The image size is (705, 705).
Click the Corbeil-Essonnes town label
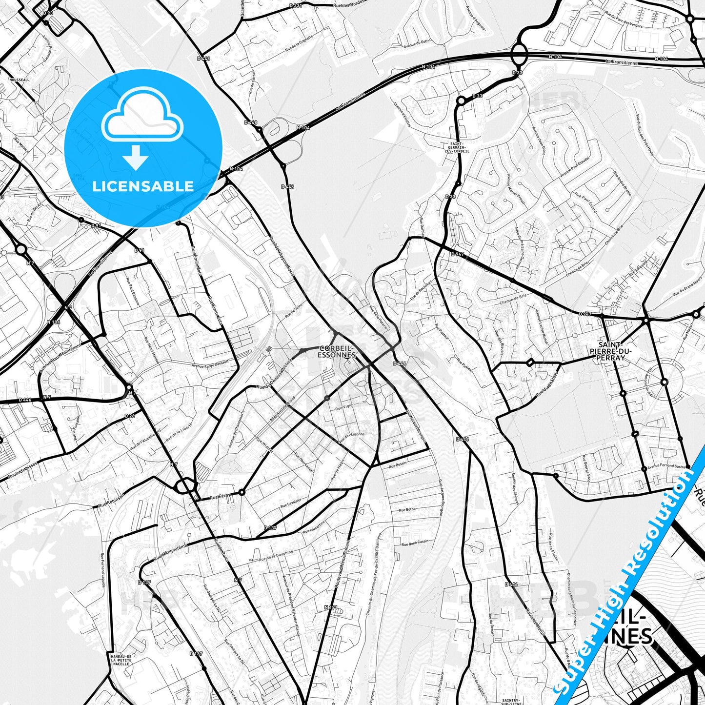(337, 352)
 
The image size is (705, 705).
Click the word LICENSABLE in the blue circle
(143, 186)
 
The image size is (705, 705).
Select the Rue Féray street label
(220, 496)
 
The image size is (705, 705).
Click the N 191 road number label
(331, 607)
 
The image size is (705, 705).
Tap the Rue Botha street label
(407, 509)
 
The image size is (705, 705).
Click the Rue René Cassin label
(414, 542)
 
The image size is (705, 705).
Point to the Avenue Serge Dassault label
(210, 366)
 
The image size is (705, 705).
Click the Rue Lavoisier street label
(291, 503)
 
